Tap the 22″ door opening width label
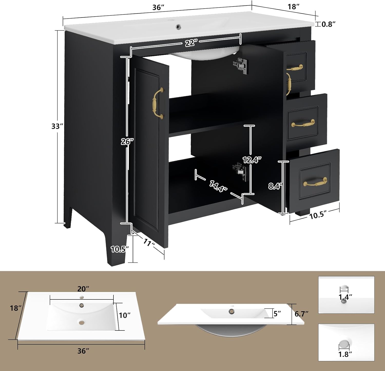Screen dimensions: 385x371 (x=191, y=43)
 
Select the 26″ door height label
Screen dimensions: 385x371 (x=127, y=141)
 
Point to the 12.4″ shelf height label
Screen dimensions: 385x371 (x=252, y=160)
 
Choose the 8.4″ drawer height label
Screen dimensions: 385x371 (x=275, y=186)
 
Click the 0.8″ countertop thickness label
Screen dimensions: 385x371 (x=329, y=24)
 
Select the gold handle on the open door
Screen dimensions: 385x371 (x=158, y=103)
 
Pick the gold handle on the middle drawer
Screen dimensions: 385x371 (x=303, y=124)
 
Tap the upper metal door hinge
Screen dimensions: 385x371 (x=240, y=66)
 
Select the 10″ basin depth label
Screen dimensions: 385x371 (x=125, y=315)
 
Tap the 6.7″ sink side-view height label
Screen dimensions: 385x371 (x=301, y=314)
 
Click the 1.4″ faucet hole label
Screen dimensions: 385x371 (x=345, y=297)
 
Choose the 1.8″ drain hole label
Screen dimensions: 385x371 (x=345, y=354)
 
